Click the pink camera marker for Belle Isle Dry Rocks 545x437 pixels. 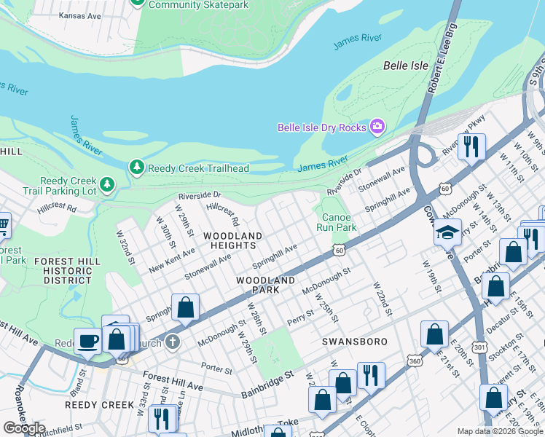(377, 127)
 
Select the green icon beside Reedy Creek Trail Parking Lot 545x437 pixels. (107, 185)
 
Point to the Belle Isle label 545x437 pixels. (406, 66)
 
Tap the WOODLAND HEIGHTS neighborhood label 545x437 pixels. (232, 241)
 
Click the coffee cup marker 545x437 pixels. (88, 340)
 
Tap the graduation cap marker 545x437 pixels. (448, 232)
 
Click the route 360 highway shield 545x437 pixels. (415, 361)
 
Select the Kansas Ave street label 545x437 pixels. (80, 15)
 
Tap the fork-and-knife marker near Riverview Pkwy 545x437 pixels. (471, 146)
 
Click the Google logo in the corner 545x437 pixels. (24, 428)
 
